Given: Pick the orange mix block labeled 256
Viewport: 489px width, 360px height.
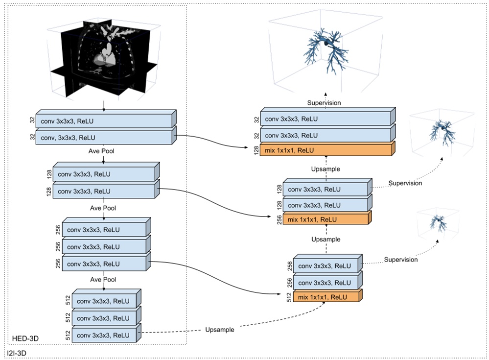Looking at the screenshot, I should tap(320, 219).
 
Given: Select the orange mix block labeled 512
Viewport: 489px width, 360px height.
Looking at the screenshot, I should tap(326, 297).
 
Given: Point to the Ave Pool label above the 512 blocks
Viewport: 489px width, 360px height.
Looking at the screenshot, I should tap(103, 279).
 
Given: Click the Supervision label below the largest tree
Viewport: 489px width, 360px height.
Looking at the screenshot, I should tap(324, 103).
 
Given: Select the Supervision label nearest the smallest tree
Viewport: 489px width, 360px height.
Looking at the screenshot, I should tap(401, 259).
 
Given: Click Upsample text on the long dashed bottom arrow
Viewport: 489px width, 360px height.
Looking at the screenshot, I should tap(220, 330).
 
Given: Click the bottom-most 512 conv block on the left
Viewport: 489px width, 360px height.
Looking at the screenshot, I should tap(105, 335).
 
